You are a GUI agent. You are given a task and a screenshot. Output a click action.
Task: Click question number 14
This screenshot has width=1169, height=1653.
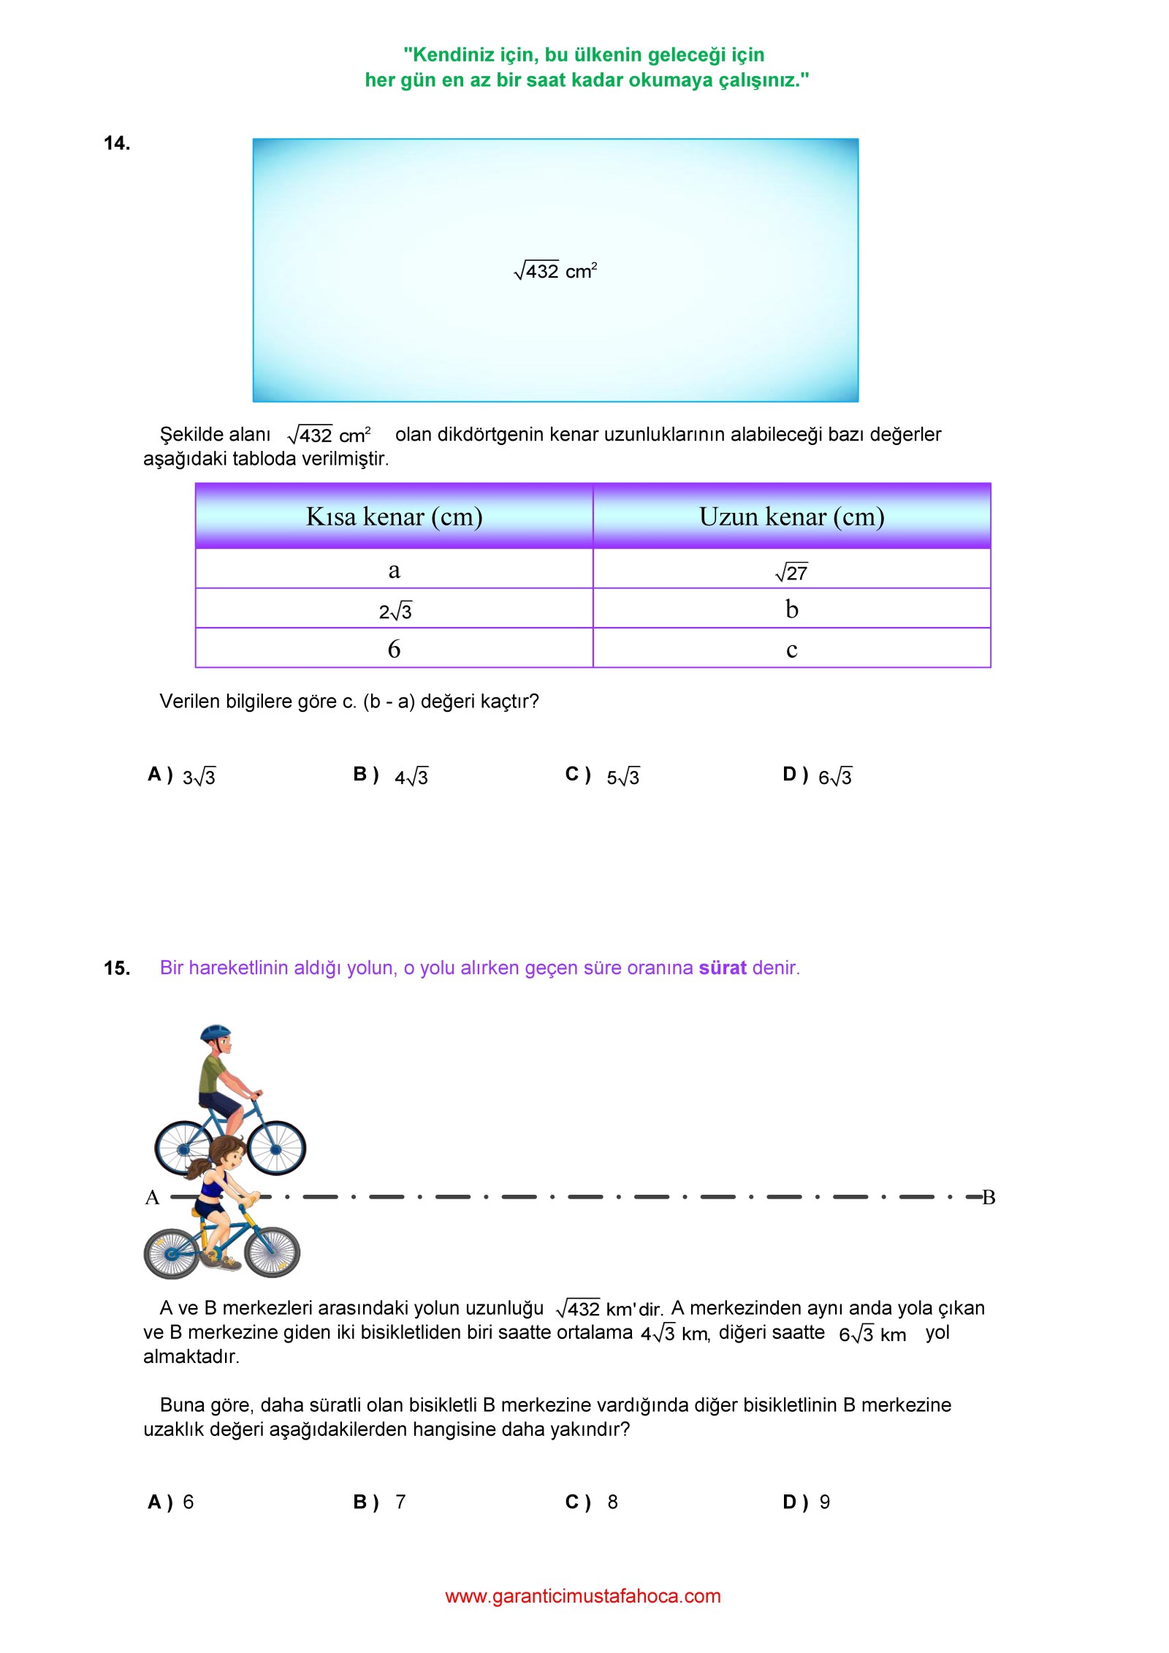(117, 143)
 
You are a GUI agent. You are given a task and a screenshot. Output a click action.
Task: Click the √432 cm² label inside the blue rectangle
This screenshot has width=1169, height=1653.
(555, 271)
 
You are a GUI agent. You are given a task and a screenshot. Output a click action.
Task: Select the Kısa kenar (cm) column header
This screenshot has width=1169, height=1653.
(394, 517)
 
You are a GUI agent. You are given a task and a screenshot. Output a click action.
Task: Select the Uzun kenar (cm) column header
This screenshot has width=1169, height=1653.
(791, 517)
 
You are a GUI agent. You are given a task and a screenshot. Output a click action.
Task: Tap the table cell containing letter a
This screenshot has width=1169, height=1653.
(394, 569)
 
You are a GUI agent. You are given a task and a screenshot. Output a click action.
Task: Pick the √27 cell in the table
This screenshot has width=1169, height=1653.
(791, 571)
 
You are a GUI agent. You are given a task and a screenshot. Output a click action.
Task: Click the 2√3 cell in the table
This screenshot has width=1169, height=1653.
(395, 610)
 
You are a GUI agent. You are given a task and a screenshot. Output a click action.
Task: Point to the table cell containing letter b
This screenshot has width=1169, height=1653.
(791, 609)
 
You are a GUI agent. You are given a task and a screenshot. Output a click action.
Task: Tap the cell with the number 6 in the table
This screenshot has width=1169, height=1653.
(394, 649)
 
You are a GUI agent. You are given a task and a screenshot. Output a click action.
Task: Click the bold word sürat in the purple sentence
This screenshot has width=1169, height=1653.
(722, 968)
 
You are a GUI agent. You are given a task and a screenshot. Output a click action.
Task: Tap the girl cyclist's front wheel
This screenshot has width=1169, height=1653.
(272, 1252)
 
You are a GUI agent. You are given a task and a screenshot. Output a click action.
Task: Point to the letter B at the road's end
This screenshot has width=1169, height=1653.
(989, 1197)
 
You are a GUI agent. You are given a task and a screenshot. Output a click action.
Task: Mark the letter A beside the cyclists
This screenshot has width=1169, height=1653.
(152, 1197)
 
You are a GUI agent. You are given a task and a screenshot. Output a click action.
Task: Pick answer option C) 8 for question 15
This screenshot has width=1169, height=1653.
(593, 1502)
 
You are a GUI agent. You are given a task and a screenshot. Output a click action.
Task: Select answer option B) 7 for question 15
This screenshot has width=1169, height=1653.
(380, 1502)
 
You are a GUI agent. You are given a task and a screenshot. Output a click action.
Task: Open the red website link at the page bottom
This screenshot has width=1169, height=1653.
(582, 1596)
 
